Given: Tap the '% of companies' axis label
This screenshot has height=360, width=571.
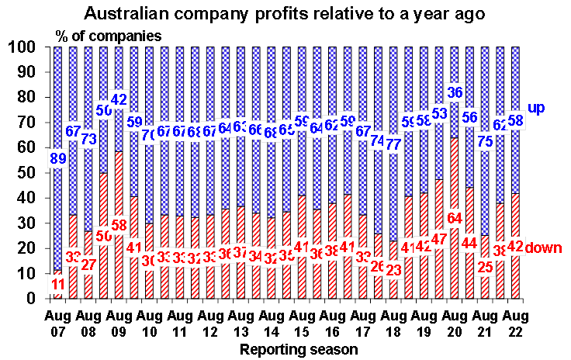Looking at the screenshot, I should tap(109, 35).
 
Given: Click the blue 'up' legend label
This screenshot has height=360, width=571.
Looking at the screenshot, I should tap(537, 108).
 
